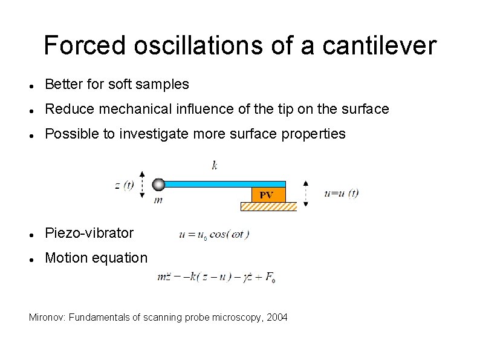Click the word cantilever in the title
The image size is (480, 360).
379,45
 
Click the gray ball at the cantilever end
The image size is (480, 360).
158,184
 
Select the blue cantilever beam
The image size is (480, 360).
224,183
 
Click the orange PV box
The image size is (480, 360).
267,195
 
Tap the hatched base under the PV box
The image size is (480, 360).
268,206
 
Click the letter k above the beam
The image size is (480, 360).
215,165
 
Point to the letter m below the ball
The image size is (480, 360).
158,200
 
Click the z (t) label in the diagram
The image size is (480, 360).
125,185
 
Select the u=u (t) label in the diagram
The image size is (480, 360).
342,193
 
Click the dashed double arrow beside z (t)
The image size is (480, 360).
142,184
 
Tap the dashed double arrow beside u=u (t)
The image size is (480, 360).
305,193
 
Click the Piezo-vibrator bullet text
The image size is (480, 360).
89,233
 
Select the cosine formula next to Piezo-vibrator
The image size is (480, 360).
214,234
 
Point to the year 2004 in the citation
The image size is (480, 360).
276,318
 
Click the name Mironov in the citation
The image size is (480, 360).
47,318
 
